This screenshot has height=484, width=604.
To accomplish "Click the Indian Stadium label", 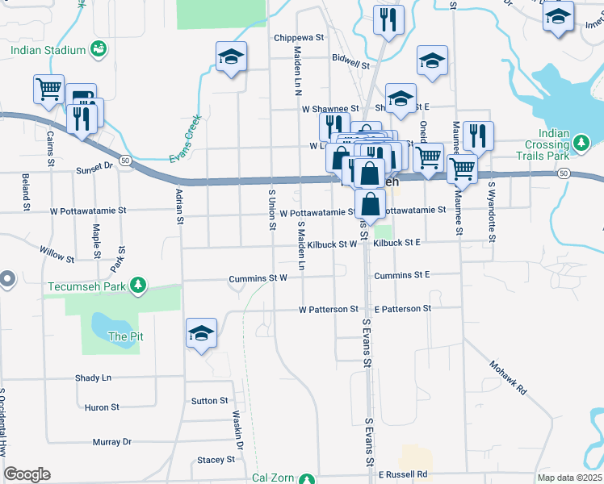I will click(48, 50).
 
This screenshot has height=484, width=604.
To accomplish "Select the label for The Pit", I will click(125, 336).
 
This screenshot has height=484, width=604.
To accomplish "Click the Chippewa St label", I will click(299, 38).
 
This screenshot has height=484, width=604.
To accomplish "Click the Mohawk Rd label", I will click(508, 377).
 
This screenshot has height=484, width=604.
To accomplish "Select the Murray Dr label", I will click(111, 442).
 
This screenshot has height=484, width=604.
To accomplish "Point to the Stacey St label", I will click(215, 460).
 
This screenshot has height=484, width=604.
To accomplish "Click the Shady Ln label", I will click(93, 378).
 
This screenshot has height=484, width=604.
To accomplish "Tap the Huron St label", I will click(102, 408).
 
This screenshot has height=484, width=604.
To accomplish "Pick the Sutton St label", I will click(210, 401).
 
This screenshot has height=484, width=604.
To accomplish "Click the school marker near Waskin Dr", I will click(201, 332).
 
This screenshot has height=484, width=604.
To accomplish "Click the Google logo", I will click(27, 474).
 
